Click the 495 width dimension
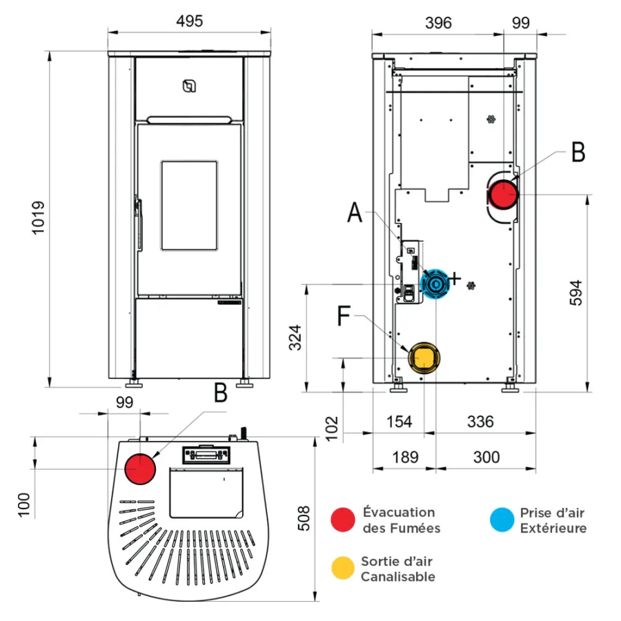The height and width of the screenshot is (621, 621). click(x=189, y=21)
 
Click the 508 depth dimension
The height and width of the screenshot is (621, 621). click(x=304, y=515)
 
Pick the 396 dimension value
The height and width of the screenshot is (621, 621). click(x=438, y=23)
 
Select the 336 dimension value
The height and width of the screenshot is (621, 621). click(x=480, y=421)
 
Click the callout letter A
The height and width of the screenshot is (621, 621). click(x=355, y=213)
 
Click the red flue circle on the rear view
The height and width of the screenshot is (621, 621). click(x=504, y=195)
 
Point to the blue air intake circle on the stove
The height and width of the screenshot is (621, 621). click(x=435, y=284)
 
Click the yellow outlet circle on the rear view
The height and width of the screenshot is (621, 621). click(x=424, y=357)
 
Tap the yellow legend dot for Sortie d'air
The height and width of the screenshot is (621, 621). click(x=342, y=568)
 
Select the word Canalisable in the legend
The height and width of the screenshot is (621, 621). click(x=398, y=577)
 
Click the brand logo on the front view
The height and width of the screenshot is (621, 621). click(x=188, y=86)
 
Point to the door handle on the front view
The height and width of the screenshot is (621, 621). click(x=139, y=224)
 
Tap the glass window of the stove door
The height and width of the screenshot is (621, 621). click(x=189, y=205)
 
